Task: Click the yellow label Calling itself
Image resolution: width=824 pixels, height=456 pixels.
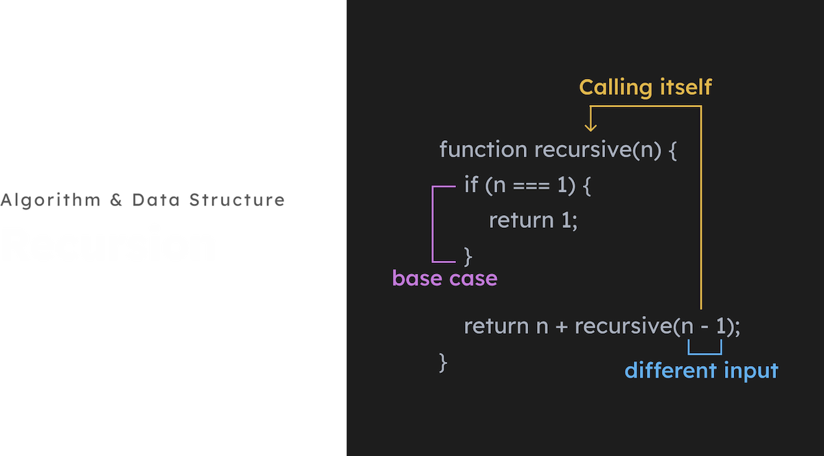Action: (x=645, y=87)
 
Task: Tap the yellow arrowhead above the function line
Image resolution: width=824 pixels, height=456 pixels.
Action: (x=589, y=126)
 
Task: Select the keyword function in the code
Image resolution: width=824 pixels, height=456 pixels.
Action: (x=483, y=150)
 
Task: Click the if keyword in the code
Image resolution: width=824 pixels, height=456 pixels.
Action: (x=471, y=185)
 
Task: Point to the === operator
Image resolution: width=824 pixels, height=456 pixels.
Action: (x=533, y=185)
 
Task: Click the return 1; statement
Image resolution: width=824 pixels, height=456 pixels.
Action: (x=534, y=220)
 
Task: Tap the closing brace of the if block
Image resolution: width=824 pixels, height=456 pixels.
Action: (x=468, y=256)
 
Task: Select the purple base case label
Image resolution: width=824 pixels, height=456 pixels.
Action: (x=444, y=278)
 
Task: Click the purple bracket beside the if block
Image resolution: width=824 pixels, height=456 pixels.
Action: (x=433, y=224)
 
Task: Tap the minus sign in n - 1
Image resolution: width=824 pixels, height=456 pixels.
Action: (x=705, y=326)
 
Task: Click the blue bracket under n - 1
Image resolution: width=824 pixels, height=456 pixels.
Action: (x=705, y=352)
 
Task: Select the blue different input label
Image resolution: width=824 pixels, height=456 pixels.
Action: (x=701, y=371)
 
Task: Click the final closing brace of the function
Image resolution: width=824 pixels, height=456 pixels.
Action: (x=444, y=361)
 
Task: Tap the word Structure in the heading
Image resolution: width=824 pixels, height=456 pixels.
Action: (x=237, y=201)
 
